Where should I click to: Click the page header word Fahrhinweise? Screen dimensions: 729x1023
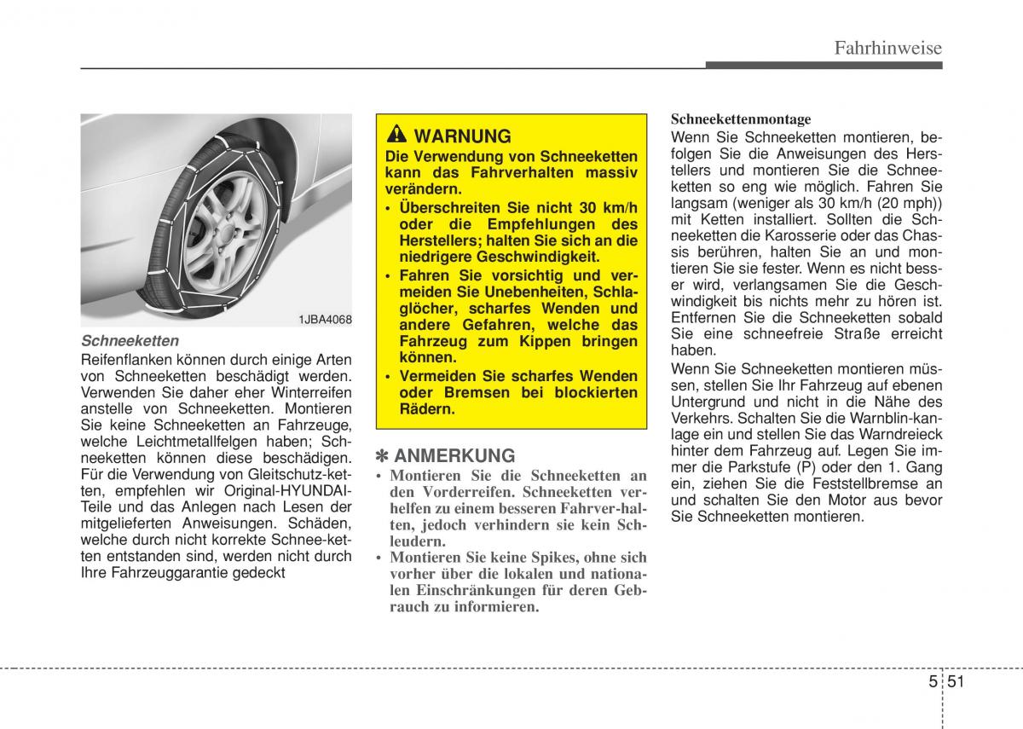tap(887, 48)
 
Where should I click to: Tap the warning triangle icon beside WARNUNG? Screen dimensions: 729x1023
tap(397, 136)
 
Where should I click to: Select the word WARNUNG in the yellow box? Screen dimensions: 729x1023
tap(462, 136)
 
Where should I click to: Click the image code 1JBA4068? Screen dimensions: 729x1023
tap(325, 319)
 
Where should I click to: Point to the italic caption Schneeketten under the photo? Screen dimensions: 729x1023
tap(130, 339)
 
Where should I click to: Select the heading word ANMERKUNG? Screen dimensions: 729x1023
tap(455, 455)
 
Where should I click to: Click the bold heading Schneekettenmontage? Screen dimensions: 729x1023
tap(741, 119)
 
